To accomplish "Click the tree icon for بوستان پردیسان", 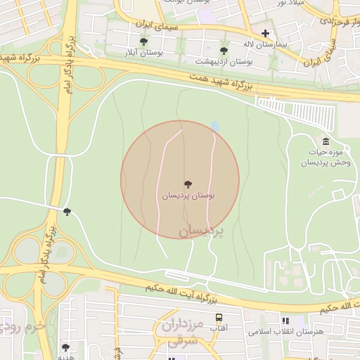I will (187, 184).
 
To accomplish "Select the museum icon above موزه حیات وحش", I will (325, 142).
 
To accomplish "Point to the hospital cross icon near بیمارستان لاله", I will (265, 33).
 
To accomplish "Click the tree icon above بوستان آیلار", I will (143, 41).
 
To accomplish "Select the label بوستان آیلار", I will (143, 53).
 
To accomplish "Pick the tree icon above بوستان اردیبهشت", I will (224, 51).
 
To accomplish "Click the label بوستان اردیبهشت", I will (224, 62).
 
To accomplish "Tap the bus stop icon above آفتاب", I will (219, 318).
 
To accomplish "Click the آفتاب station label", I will (219, 328).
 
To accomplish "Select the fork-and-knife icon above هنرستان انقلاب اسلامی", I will (285, 321).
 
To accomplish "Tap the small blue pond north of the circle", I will (214, 126).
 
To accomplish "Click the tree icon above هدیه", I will (65, 347).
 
